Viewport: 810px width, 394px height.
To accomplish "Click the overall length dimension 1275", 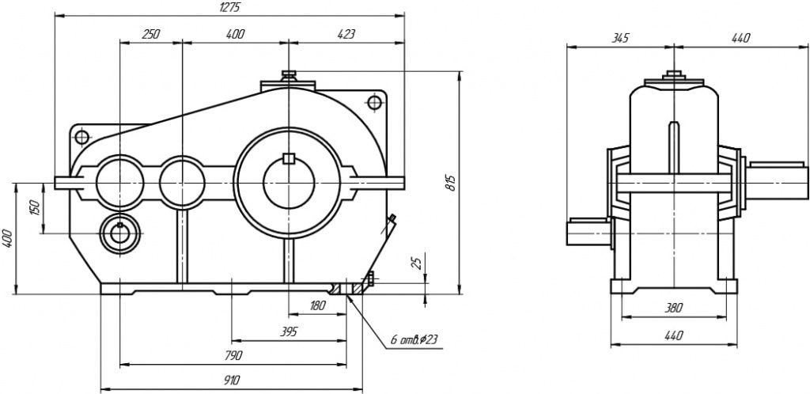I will (x=229, y=7).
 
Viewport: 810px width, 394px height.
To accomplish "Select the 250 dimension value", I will (x=150, y=34).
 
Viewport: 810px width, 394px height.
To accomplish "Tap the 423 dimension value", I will (x=346, y=34).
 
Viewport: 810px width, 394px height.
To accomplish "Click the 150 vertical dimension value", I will (x=34, y=207).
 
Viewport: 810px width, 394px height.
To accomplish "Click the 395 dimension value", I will (x=289, y=331).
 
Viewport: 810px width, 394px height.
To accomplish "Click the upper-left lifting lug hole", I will (x=81, y=137).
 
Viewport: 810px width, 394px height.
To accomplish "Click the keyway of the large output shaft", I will (x=289, y=157).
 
